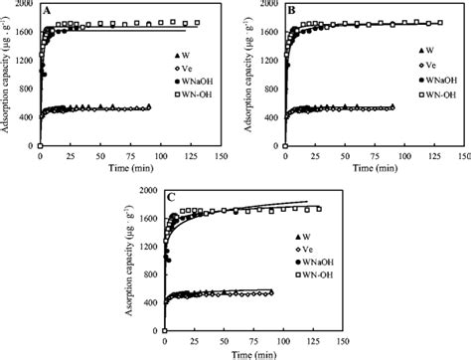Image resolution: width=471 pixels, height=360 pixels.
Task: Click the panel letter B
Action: coord(292,11)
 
